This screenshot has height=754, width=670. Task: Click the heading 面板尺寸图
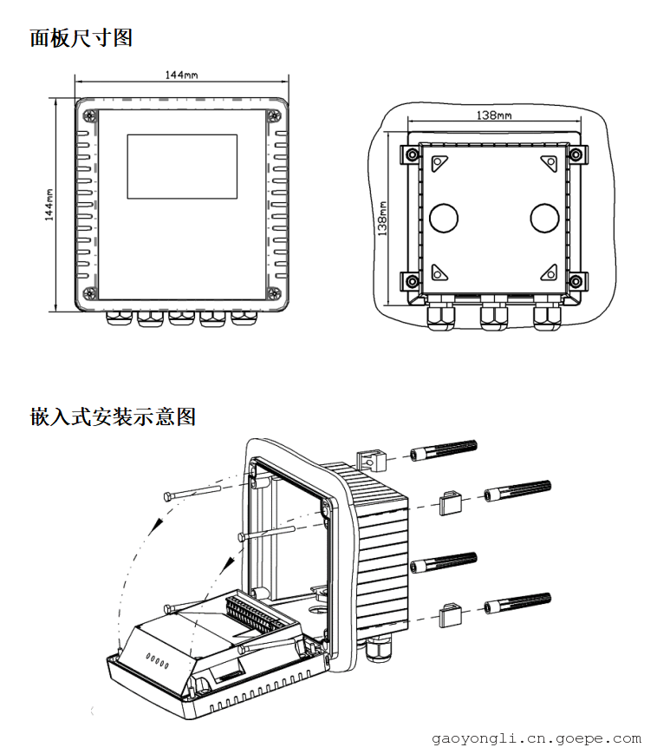point(81,38)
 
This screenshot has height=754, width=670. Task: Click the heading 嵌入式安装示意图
point(113,416)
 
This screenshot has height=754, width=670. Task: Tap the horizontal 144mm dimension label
point(181,75)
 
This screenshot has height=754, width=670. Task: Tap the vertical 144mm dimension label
point(49,205)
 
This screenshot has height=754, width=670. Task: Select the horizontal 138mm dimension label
point(494,115)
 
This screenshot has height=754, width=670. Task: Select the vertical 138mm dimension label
point(382,219)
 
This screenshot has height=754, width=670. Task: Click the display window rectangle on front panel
point(182,167)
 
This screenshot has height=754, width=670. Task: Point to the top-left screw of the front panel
point(89,115)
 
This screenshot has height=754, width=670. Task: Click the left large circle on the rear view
point(443,218)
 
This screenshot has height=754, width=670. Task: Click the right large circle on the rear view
point(544,218)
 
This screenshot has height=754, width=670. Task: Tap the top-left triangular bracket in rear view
point(439,163)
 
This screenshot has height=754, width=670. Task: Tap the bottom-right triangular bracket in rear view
point(550,272)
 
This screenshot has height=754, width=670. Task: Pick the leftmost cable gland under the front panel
point(119,318)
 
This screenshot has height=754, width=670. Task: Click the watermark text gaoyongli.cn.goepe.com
point(537,738)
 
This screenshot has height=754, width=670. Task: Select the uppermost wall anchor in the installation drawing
point(443,450)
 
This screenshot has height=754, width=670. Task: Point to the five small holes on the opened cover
point(158,662)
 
